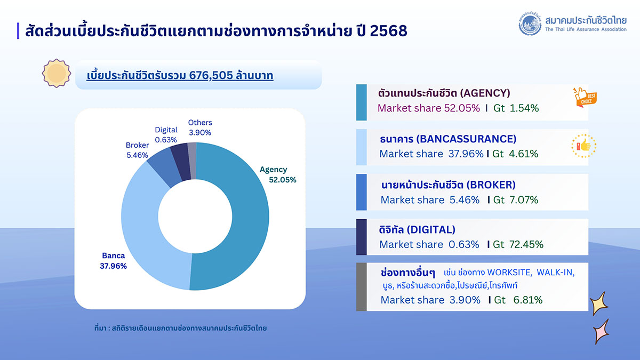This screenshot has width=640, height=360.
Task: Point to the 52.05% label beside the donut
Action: (283, 180)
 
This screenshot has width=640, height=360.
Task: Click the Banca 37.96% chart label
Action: (113, 261)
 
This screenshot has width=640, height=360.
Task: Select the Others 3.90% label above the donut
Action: (200, 127)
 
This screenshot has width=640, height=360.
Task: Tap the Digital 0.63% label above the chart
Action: (166, 134)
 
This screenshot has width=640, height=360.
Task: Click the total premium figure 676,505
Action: (211, 76)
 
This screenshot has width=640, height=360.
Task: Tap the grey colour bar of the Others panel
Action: (361, 287)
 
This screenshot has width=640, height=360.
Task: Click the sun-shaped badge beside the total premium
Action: (56, 74)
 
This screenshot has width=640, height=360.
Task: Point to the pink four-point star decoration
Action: (601, 331)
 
